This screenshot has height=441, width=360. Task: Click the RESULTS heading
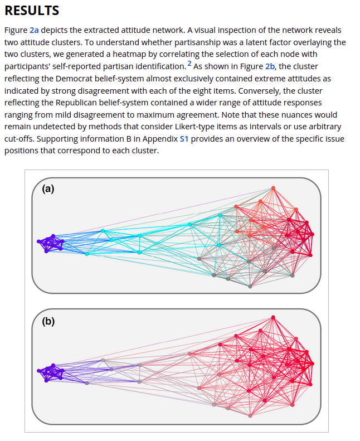tap(31, 11)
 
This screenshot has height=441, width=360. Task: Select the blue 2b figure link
tap(270, 66)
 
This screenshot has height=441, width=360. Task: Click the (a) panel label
tap(49, 188)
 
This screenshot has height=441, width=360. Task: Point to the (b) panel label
tap(49, 321)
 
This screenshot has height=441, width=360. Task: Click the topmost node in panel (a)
tap(273, 188)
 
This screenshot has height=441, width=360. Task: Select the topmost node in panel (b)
tap(273, 317)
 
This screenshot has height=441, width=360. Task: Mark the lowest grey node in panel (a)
tap(250, 287)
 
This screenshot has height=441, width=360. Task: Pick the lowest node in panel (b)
tap(250, 415)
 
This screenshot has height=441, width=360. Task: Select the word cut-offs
tap(21, 139)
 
